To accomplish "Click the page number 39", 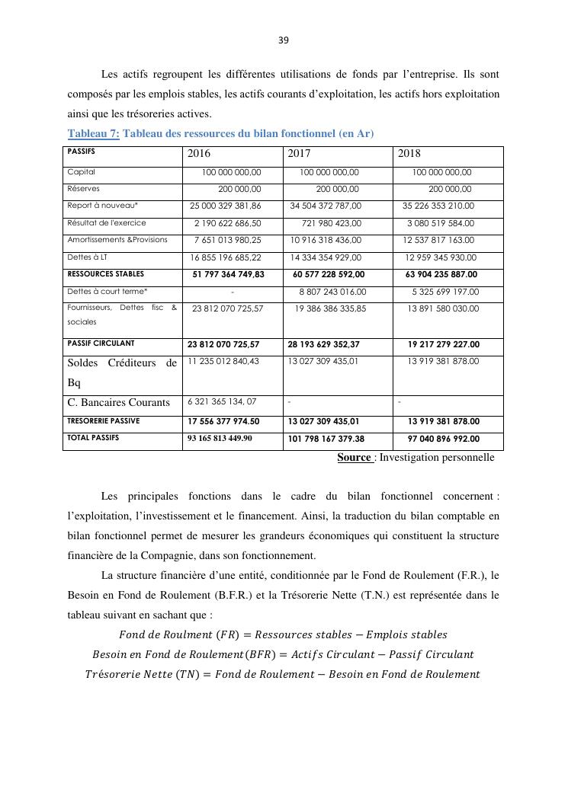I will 284,40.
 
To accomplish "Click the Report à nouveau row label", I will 103,206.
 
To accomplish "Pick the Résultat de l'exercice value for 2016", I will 227,223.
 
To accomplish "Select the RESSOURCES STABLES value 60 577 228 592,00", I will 329,274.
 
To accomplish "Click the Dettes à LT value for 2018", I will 441,257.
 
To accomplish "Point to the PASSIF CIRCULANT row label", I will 101,343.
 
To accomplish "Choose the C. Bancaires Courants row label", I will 119,402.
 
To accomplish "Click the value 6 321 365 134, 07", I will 222,401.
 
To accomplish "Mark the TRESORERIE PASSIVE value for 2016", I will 223,421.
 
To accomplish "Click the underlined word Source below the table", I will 354,458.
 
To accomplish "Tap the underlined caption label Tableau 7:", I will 93,134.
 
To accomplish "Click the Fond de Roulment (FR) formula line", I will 283,634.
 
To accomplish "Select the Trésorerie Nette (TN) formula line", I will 283,674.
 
